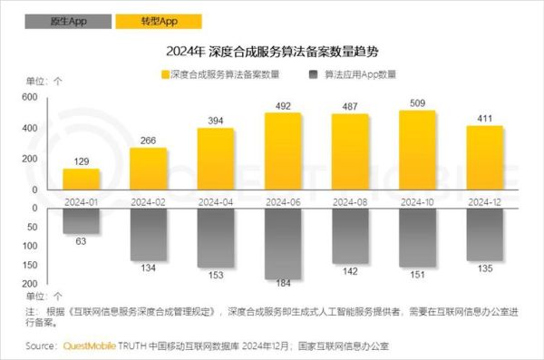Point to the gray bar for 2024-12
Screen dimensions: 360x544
(484, 235)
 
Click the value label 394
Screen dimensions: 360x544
(216, 121)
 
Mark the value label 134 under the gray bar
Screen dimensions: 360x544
(149, 268)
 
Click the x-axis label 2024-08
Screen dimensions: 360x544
(350, 199)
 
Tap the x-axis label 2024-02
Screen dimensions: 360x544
(149, 199)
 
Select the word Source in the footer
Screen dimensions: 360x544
(42, 345)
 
